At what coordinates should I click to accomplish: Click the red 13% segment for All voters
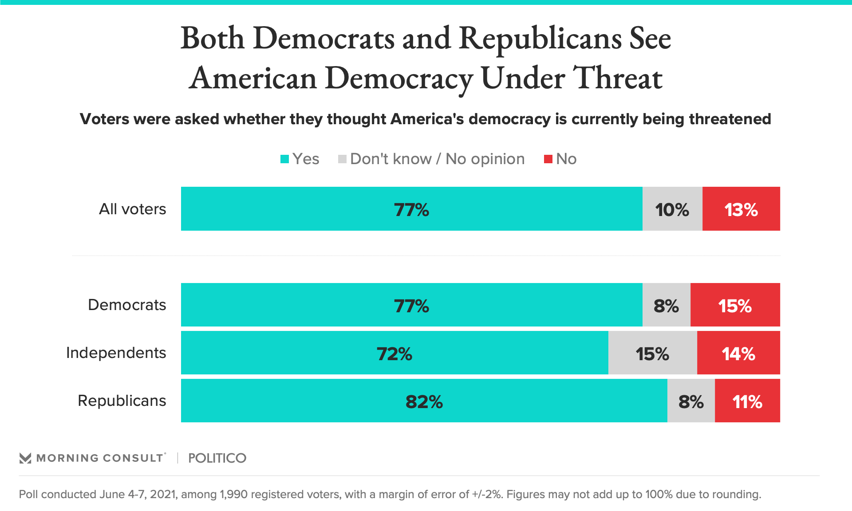click(741, 209)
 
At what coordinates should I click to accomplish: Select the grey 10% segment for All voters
click(672, 209)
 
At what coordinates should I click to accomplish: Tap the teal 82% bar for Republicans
click(424, 401)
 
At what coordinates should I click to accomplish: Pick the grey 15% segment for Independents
click(652, 353)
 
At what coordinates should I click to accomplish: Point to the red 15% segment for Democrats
click(735, 305)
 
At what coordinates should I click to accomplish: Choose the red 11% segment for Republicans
click(747, 401)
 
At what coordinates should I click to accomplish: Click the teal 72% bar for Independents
click(394, 353)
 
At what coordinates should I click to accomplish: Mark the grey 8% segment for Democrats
click(666, 305)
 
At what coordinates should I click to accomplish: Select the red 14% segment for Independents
click(738, 353)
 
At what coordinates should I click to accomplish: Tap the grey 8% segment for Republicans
click(691, 401)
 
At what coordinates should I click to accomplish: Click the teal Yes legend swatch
click(284, 159)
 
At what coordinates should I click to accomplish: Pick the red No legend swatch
click(548, 159)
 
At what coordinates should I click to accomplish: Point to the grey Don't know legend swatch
click(342, 159)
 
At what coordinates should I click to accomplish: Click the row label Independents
click(116, 353)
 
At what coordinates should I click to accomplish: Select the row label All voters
click(132, 209)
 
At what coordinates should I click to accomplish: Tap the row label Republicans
click(122, 401)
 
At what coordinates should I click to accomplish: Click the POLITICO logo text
click(217, 458)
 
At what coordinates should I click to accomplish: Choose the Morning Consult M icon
click(25, 458)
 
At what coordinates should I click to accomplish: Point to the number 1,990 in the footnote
click(233, 494)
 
